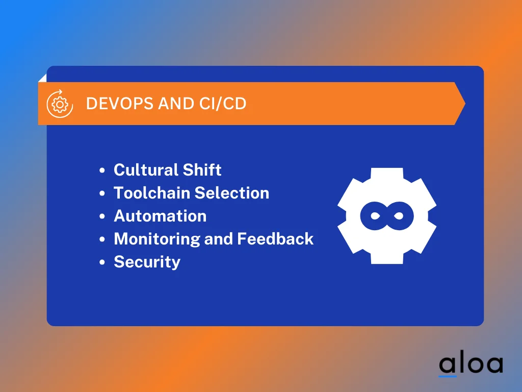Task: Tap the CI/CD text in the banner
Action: click(x=223, y=103)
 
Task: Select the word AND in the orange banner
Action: click(x=176, y=103)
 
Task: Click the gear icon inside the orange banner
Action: click(x=60, y=104)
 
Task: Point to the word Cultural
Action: click(x=145, y=169)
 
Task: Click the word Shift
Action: click(x=202, y=169)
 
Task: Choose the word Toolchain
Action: click(x=151, y=192)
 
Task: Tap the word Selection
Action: click(x=232, y=192)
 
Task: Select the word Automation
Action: click(x=160, y=216)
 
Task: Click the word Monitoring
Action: click(x=156, y=239)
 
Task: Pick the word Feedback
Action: click(x=275, y=239)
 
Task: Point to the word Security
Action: click(x=147, y=262)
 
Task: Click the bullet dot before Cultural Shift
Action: click(x=102, y=170)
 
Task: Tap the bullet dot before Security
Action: click(x=102, y=262)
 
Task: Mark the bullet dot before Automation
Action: click(x=102, y=216)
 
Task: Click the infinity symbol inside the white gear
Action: click(x=387, y=216)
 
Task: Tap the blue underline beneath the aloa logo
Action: click(x=448, y=376)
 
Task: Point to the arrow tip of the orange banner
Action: click(x=465, y=104)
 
